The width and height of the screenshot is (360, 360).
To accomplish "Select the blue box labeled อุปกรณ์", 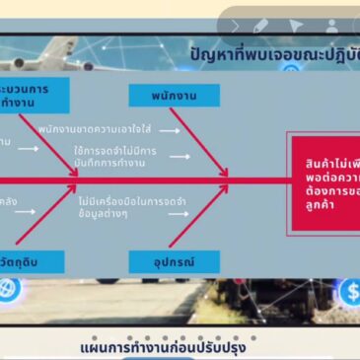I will (166, 261).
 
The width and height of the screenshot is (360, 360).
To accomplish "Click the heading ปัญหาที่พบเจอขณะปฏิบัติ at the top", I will (267, 51).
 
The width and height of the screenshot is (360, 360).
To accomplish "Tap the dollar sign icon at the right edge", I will (351, 291).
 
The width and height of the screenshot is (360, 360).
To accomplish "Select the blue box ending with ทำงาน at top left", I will (36, 95).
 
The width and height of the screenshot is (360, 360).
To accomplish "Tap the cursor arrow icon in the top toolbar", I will (297, 25).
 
